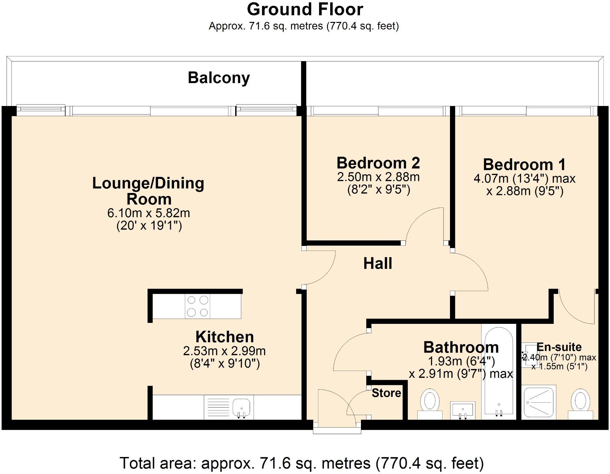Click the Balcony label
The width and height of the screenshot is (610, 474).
click(219, 78)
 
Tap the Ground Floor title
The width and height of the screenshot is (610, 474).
click(305, 9)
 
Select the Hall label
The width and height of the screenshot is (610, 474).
click(378, 263)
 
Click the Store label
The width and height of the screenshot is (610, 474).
click(386, 393)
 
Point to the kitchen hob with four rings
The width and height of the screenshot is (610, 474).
click(198, 306)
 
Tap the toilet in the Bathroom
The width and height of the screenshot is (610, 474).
click(430, 404)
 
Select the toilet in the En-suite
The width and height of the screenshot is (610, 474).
click(580, 404)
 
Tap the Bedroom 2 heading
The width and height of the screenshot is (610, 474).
click(378, 163)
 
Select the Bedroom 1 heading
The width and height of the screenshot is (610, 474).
click(524, 165)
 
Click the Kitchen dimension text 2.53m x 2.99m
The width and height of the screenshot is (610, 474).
click(224, 351)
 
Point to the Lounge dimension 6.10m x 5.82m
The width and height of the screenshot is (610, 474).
click(149, 213)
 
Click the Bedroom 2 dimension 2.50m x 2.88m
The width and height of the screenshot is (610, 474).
click(378, 177)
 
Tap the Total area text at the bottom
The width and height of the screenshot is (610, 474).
click(301, 463)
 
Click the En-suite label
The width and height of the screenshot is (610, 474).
click(559, 347)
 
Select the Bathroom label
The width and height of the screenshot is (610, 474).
click(461, 347)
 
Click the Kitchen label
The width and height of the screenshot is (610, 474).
click(224, 337)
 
